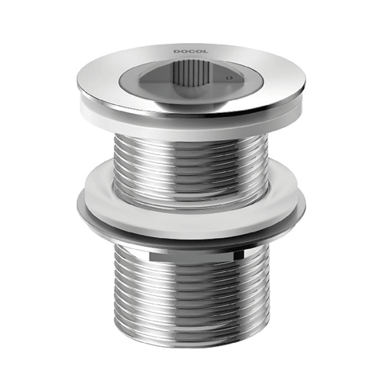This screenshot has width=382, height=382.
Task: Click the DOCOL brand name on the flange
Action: (x=191, y=52)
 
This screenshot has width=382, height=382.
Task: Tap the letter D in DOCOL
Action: (x=177, y=52)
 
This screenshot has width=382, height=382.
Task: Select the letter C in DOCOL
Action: (x=191, y=52)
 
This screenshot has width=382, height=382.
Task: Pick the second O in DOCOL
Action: (x=198, y=52)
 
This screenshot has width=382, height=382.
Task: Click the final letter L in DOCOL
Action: (x=205, y=52)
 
